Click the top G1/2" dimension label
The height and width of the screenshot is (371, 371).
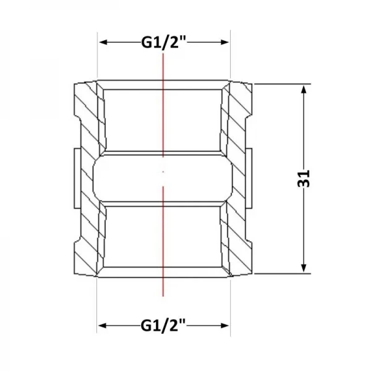pos(164,43)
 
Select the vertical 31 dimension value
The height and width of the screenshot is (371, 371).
pos(304,179)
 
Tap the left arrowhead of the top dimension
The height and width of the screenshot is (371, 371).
pos(103,42)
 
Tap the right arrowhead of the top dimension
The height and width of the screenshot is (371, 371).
pos(224,42)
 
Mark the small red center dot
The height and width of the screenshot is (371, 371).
pos(163,172)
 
